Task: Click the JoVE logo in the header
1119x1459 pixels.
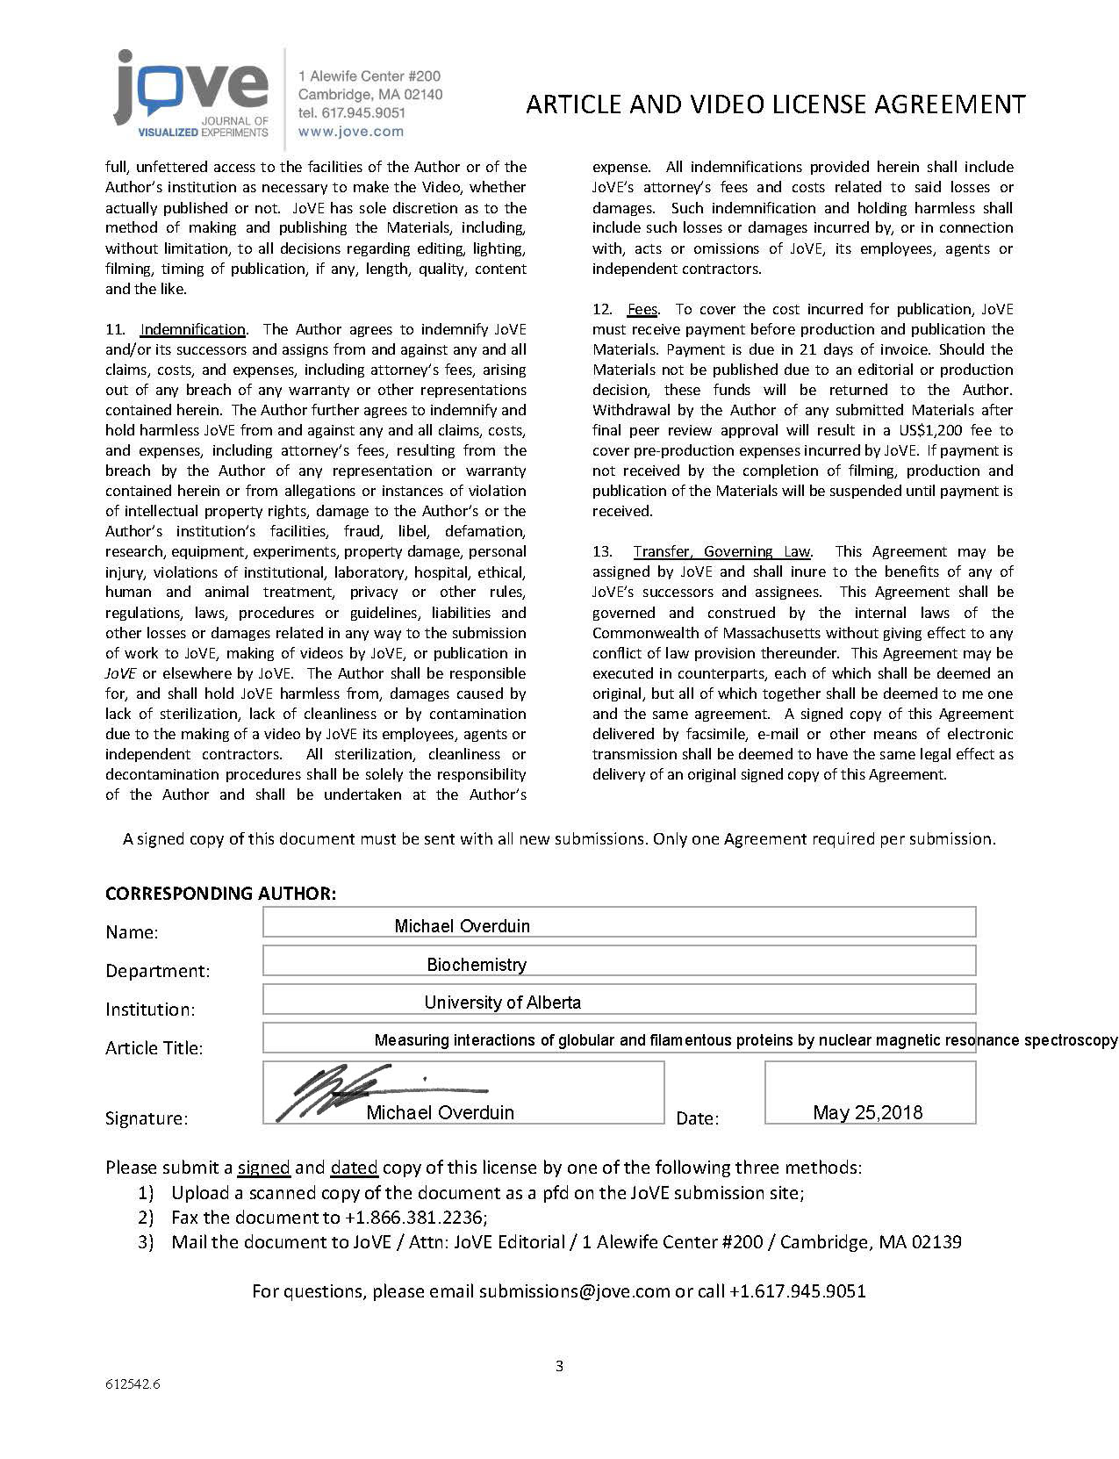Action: pos(191,95)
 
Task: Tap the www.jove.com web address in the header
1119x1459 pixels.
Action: pos(351,132)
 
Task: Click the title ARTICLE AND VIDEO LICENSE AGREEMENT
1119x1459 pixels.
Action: pos(775,104)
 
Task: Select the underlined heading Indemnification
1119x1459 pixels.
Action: pos(192,329)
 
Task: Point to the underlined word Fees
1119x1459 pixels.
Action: pos(642,309)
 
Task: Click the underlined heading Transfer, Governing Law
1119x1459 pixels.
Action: pos(721,551)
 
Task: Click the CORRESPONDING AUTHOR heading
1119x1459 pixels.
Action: pos(220,894)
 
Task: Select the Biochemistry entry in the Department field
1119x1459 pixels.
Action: pos(477,964)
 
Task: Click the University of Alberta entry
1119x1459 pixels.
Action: pos(502,1002)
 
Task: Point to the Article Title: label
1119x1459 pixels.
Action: pos(154,1048)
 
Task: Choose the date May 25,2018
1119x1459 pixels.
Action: pos(867,1112)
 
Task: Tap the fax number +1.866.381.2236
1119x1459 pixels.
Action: pos(415,1218)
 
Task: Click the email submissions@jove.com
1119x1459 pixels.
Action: pos(575,1291)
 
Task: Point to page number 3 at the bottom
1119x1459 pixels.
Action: pos(559,1366)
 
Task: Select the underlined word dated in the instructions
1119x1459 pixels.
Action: pos(354,1168)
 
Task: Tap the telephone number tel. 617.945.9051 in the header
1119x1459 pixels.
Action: pos(352,112)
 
